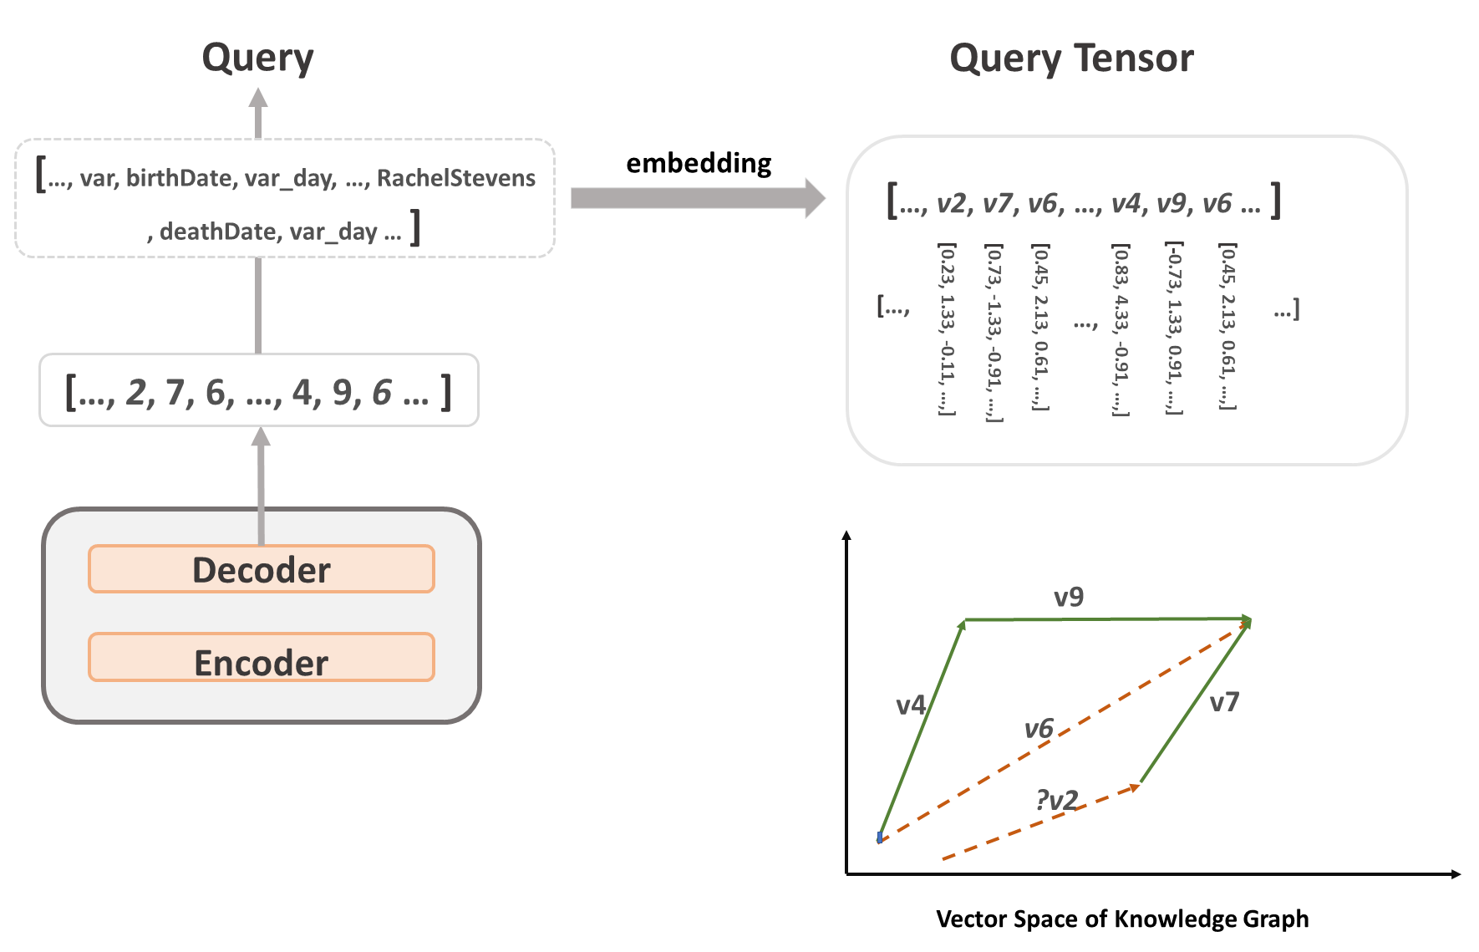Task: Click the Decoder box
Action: pyautogui.click(x=262, y=569)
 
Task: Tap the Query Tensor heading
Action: pyautogui.click(x=1071, y=59)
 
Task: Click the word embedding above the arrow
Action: pyautogui.click(x=699, y=163)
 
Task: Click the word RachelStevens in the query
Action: pyautogui.click(x=455, y=178)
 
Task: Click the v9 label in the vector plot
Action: pyautogui.click(x=1069, y=597)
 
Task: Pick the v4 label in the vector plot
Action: pyautogui.click(x=911, y=705)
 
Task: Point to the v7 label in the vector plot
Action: pyautogui.click(x=1224, y=702)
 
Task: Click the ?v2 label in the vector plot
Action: pyautogui.click(x=1057, y=800)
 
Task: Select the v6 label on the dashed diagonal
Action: pyautogui.click(x=1039, y=729)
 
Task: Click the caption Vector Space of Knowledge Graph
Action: pyautogui.click(x=1122, y=919)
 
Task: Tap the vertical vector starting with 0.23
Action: pyautogui.click(x=947, y=328)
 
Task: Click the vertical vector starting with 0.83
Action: pyautogui.click(x=1121, y=328)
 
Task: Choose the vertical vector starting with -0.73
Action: pyautogui.click(x=1174, y=328)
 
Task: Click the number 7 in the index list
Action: pyautogui.click(x=175, y=392)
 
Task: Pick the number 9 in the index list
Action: pyautogui.click(x=342, y=392)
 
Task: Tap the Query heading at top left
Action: pyautogui.click(x=258, y=59)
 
